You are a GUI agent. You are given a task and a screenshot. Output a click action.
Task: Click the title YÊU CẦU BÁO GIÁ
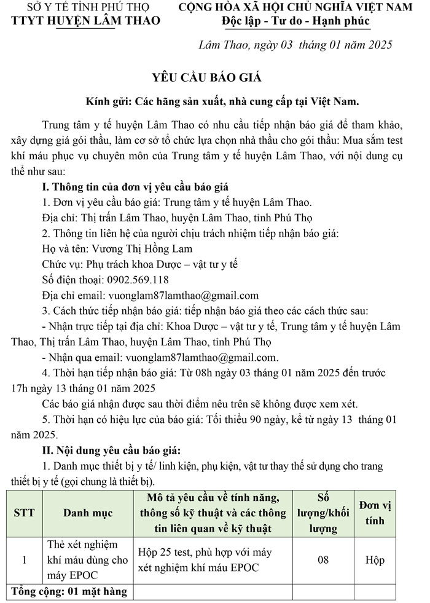click(x=206, y=77)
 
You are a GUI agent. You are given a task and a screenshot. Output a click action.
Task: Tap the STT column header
click(x=24, y=513)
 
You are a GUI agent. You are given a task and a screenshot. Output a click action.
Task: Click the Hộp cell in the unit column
click(x=375, y=560)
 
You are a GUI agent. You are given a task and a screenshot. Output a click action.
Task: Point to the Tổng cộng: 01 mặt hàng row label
click(x=69, y=592)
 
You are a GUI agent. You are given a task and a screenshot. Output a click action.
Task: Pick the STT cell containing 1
click(x=24, y=560)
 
